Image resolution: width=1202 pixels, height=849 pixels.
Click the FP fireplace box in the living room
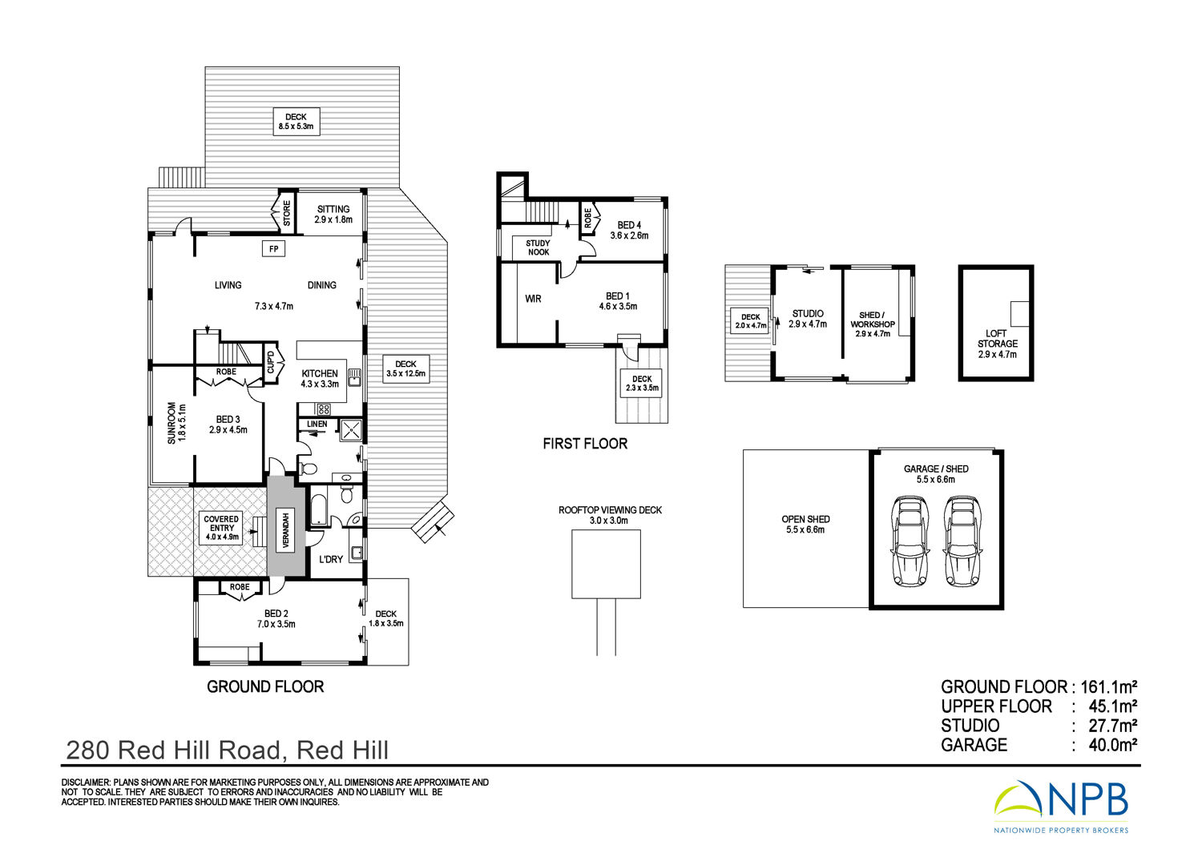[x=274, y=249]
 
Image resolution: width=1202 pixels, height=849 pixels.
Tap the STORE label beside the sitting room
[x=287, y=213]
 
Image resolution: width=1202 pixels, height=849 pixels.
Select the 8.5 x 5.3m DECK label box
[x=296, y=122]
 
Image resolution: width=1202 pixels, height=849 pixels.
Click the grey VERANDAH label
[x=286, y=530]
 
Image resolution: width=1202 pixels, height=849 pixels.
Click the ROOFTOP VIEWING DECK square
[x=606, y=564]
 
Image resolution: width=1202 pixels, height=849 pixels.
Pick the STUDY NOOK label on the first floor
[x=538, y=247]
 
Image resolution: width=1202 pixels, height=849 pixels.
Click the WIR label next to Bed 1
[x=533, y=299]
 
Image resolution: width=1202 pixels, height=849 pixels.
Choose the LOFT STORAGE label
[x=997, y=344]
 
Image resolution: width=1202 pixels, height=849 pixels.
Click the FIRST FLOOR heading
[x=585, y=444]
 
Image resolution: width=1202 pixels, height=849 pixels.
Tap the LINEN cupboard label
[x=317, y=424]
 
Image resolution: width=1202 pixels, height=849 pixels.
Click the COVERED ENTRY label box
[x=221, y=528]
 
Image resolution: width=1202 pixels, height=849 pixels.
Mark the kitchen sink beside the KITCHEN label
[x=354, y=377]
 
